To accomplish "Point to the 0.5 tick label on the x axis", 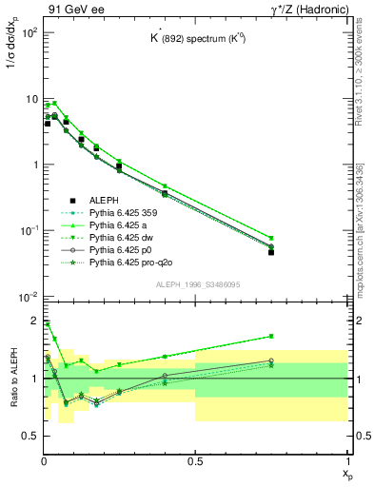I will pos(195,461).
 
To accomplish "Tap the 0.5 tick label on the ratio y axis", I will pos(30,436).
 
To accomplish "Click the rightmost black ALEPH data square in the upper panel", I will pos(271,252).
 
